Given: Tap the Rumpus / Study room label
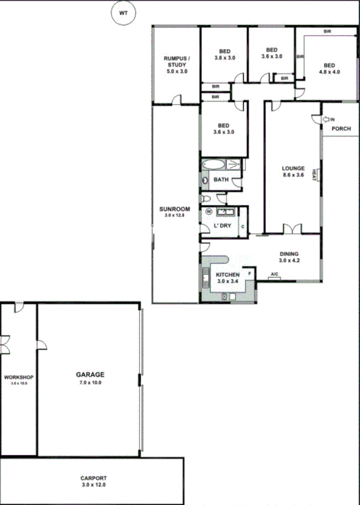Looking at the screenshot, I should coord(176,64).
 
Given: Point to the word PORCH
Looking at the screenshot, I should coord(341,129).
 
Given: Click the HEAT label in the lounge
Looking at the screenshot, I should coord(316,175).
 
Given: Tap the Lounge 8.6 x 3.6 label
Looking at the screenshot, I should coord(293,172).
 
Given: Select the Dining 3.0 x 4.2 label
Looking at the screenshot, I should coord(289,258).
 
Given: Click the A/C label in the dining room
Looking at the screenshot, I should coord(274,274).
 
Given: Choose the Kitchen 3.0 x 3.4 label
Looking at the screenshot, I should coord(227,279).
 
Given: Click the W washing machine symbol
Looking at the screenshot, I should coord(209,211).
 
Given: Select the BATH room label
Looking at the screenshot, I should coord(220,180).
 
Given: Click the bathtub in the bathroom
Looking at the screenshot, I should coord(213,165).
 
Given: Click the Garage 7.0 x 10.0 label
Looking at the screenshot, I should coord(90,378).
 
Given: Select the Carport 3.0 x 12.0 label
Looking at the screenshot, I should coord(93,481).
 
